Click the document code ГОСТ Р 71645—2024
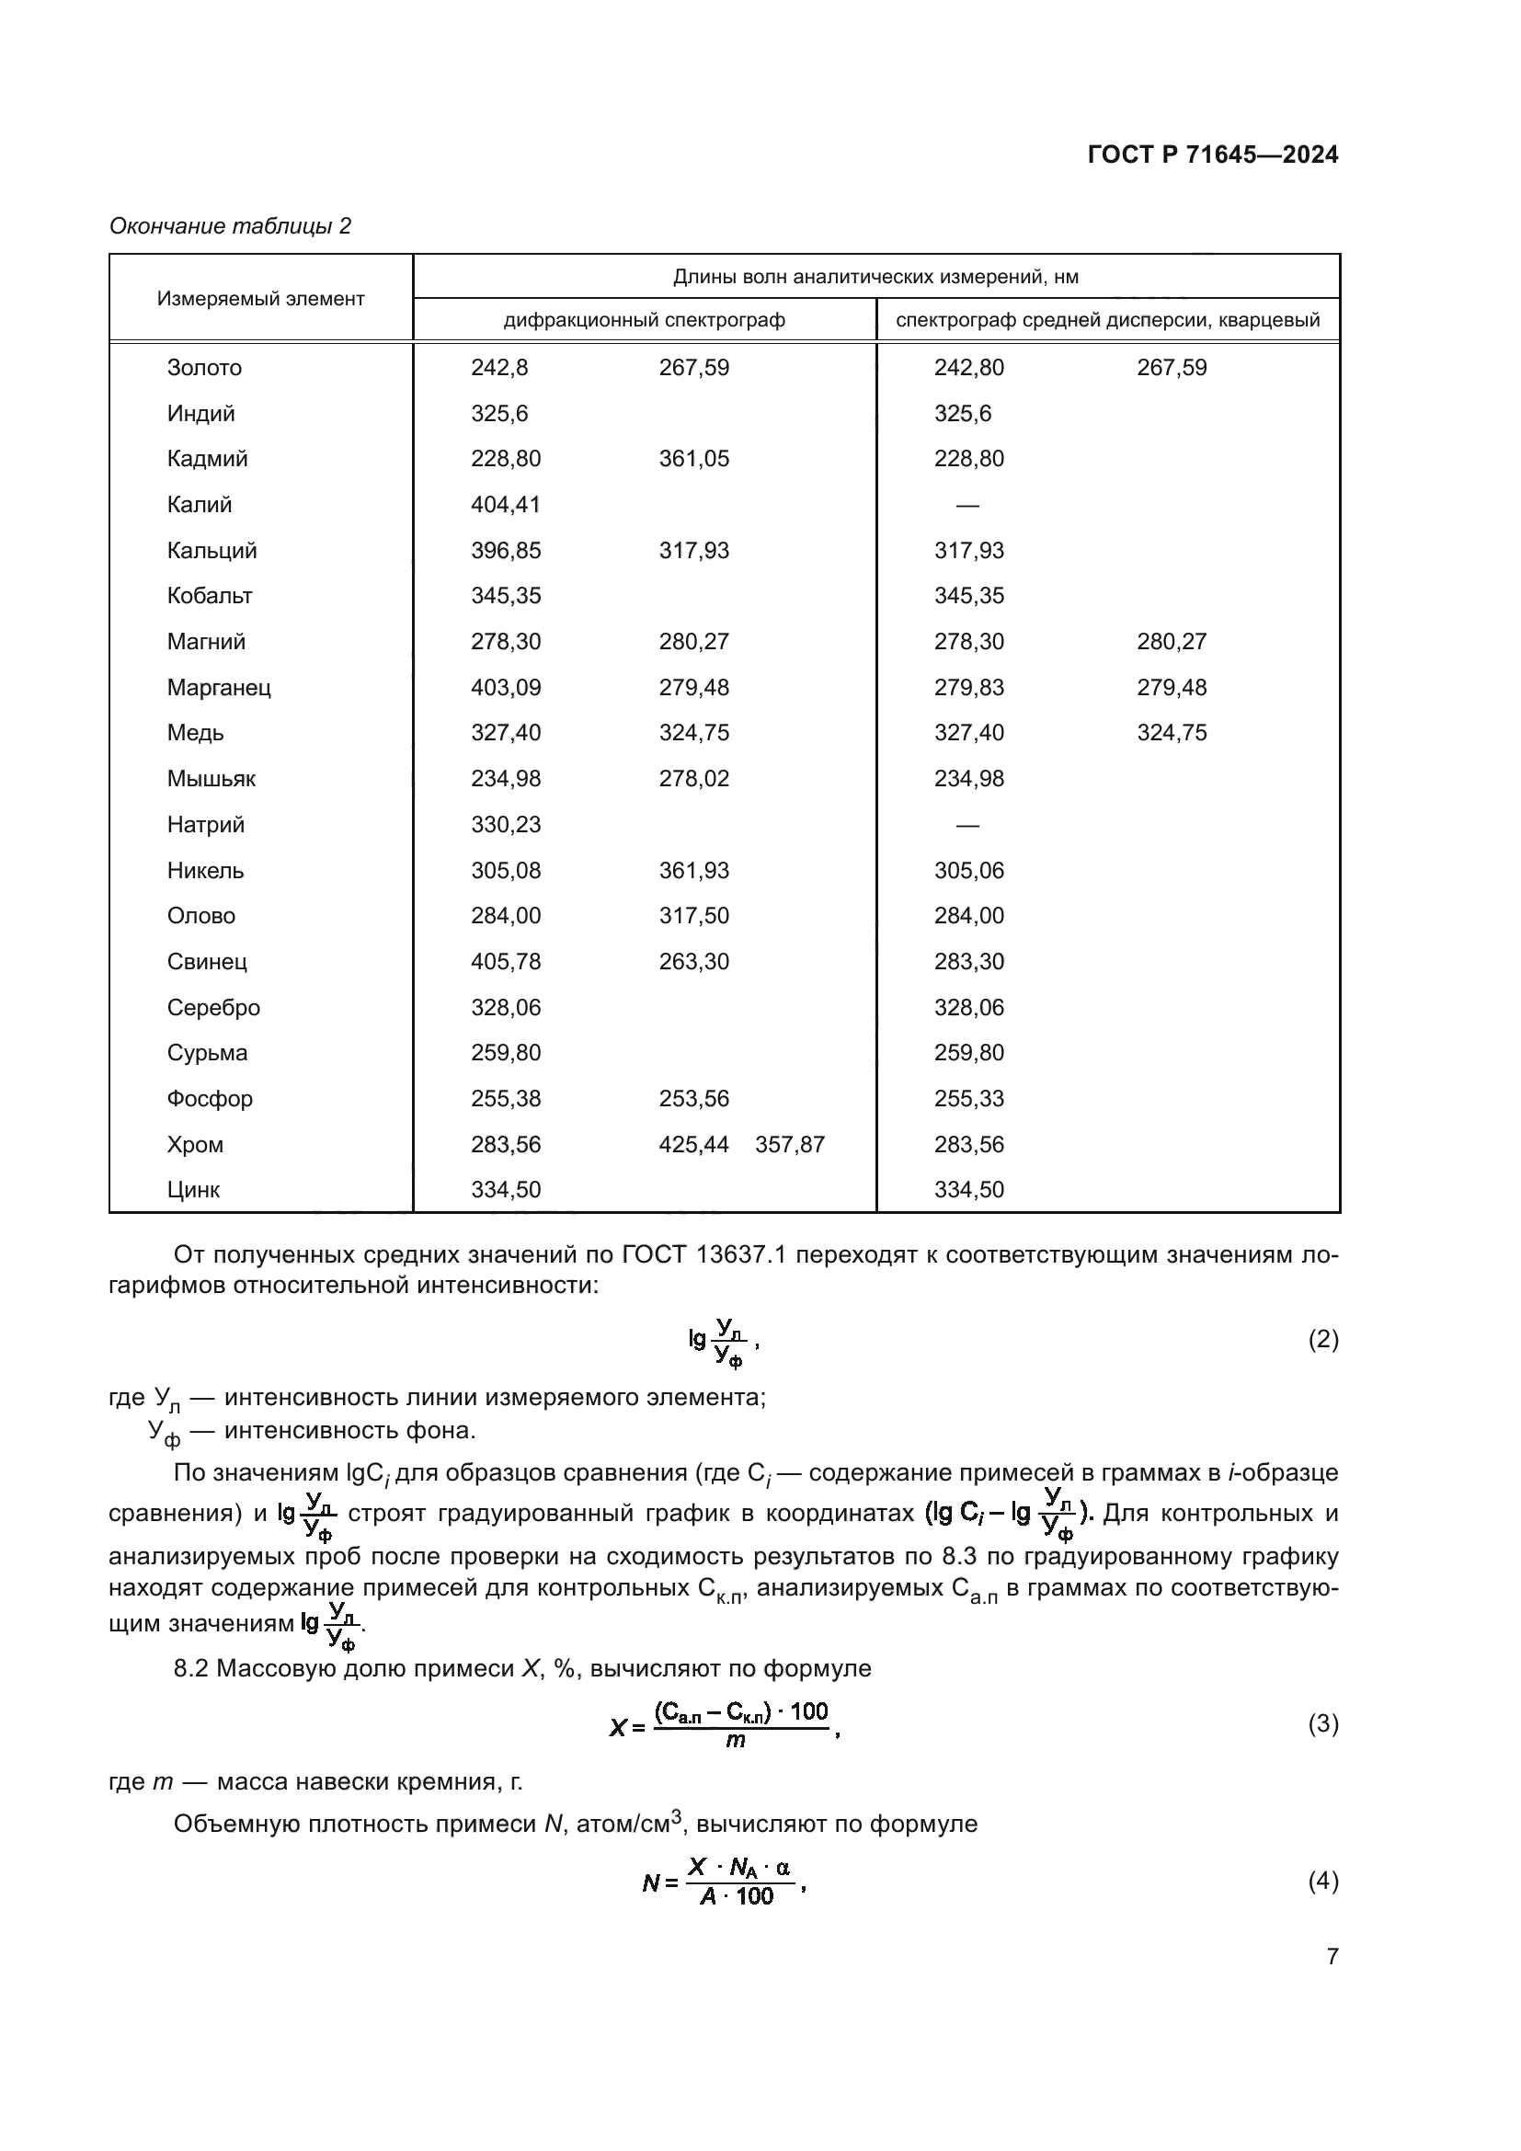(1213, 154)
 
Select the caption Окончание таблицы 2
(230, 226)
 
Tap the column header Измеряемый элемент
(260, 299)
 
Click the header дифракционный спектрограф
(645, 320)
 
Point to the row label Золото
(204, 368)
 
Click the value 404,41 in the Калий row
(506, 505)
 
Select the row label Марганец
(219, 688)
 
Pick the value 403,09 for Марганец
(506, 688)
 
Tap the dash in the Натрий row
(967, 825)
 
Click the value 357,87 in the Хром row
(790, 1145)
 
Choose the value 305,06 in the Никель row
(968, 871)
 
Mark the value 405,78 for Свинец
(506, 962)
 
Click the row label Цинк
(194, 1191)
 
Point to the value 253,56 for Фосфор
(693, 1099)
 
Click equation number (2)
(1322, 1340)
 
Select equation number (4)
(1322, 1882)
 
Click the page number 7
(1332, 1956)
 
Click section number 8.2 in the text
(191, 1668)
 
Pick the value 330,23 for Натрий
(506, 825)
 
